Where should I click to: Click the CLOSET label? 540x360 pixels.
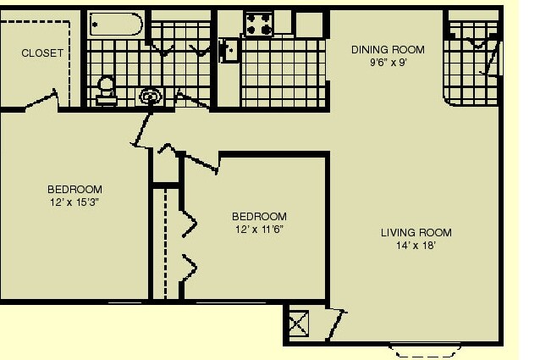tap(42, 53)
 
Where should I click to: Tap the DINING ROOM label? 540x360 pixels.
tap(388, 50)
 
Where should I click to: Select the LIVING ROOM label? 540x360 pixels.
tap(416, 233)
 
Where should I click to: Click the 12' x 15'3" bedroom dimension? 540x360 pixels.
tap(74, 202)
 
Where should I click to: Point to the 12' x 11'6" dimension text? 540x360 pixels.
tap(259, 229)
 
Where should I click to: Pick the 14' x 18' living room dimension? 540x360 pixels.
tap(416, 246)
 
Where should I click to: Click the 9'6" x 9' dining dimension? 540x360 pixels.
tap(388, 63)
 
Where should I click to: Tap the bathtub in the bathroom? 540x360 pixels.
tap(116, 24)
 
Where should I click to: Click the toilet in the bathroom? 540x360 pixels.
tap(106, 91)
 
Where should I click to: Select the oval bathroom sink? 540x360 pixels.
tap(151, 96)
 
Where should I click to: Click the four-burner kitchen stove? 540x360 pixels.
tap(259, 24)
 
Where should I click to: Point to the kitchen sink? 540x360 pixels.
tap(229, 50)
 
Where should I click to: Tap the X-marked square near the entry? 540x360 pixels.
tap(298, 324)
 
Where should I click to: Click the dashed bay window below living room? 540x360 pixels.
tap(425, 351)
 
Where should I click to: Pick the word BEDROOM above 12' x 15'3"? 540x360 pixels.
tap(74, 189)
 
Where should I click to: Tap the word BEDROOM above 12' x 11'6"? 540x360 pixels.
tap(259, 216)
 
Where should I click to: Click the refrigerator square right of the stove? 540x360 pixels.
tap(309, 24)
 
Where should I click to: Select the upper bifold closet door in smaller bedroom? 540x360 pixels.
tap(189, 224)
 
